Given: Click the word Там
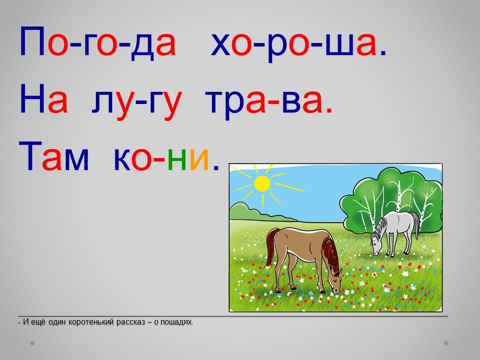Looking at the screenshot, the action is (53, 155).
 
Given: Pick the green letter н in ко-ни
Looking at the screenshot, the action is (177, 159).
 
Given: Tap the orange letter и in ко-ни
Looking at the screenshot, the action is (199, 159).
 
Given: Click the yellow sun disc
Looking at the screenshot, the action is (262, 183).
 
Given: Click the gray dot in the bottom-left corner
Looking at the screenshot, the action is (32, 343).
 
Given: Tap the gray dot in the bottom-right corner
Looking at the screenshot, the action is (446, 343).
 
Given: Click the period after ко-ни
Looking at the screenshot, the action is (216, 167).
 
